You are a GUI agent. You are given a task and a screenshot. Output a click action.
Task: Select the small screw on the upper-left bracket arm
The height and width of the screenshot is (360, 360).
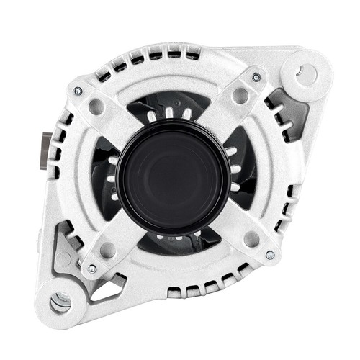[78, 91]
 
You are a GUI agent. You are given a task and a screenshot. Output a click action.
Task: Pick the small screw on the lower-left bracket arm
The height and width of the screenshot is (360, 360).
[92, 269]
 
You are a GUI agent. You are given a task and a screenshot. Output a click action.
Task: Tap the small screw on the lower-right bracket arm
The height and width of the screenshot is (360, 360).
[270, 254]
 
